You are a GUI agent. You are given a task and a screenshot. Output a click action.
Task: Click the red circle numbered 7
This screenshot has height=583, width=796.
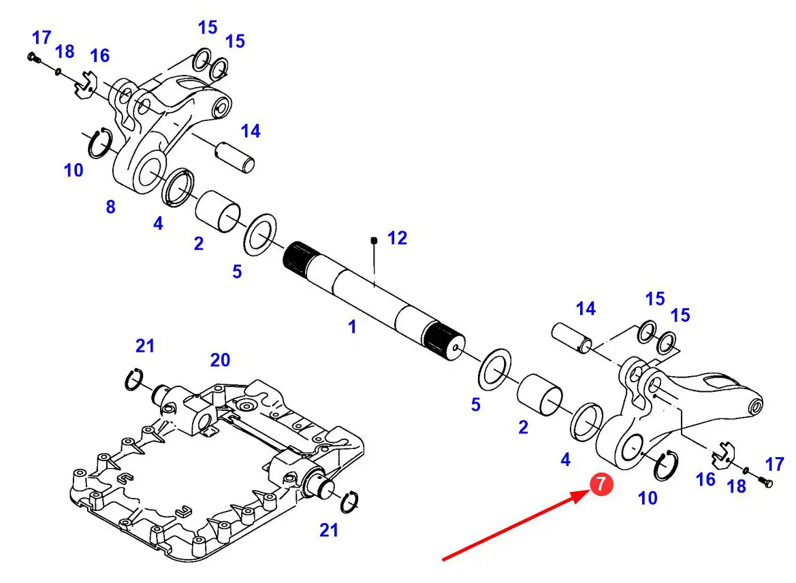[601, 484]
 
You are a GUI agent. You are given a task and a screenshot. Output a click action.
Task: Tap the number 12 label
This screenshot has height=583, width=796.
[397, 238]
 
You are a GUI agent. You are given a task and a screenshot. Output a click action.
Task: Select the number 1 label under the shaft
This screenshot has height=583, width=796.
[352, 327]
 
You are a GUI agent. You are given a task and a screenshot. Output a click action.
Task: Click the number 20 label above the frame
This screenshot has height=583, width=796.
[220, 360]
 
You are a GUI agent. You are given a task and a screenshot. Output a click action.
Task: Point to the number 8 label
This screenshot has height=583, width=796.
[110, 207]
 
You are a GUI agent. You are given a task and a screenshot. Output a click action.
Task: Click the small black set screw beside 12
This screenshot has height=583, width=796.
[374, 240]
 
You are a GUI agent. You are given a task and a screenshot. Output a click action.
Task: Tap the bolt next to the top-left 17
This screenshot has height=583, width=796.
[33, 59]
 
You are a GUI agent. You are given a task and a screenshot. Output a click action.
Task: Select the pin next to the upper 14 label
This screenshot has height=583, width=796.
[236, 157]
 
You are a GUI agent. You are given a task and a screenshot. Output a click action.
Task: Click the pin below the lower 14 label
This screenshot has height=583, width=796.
[570, 338]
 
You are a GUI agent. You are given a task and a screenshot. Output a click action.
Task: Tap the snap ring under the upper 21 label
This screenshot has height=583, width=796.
[133, 379]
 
